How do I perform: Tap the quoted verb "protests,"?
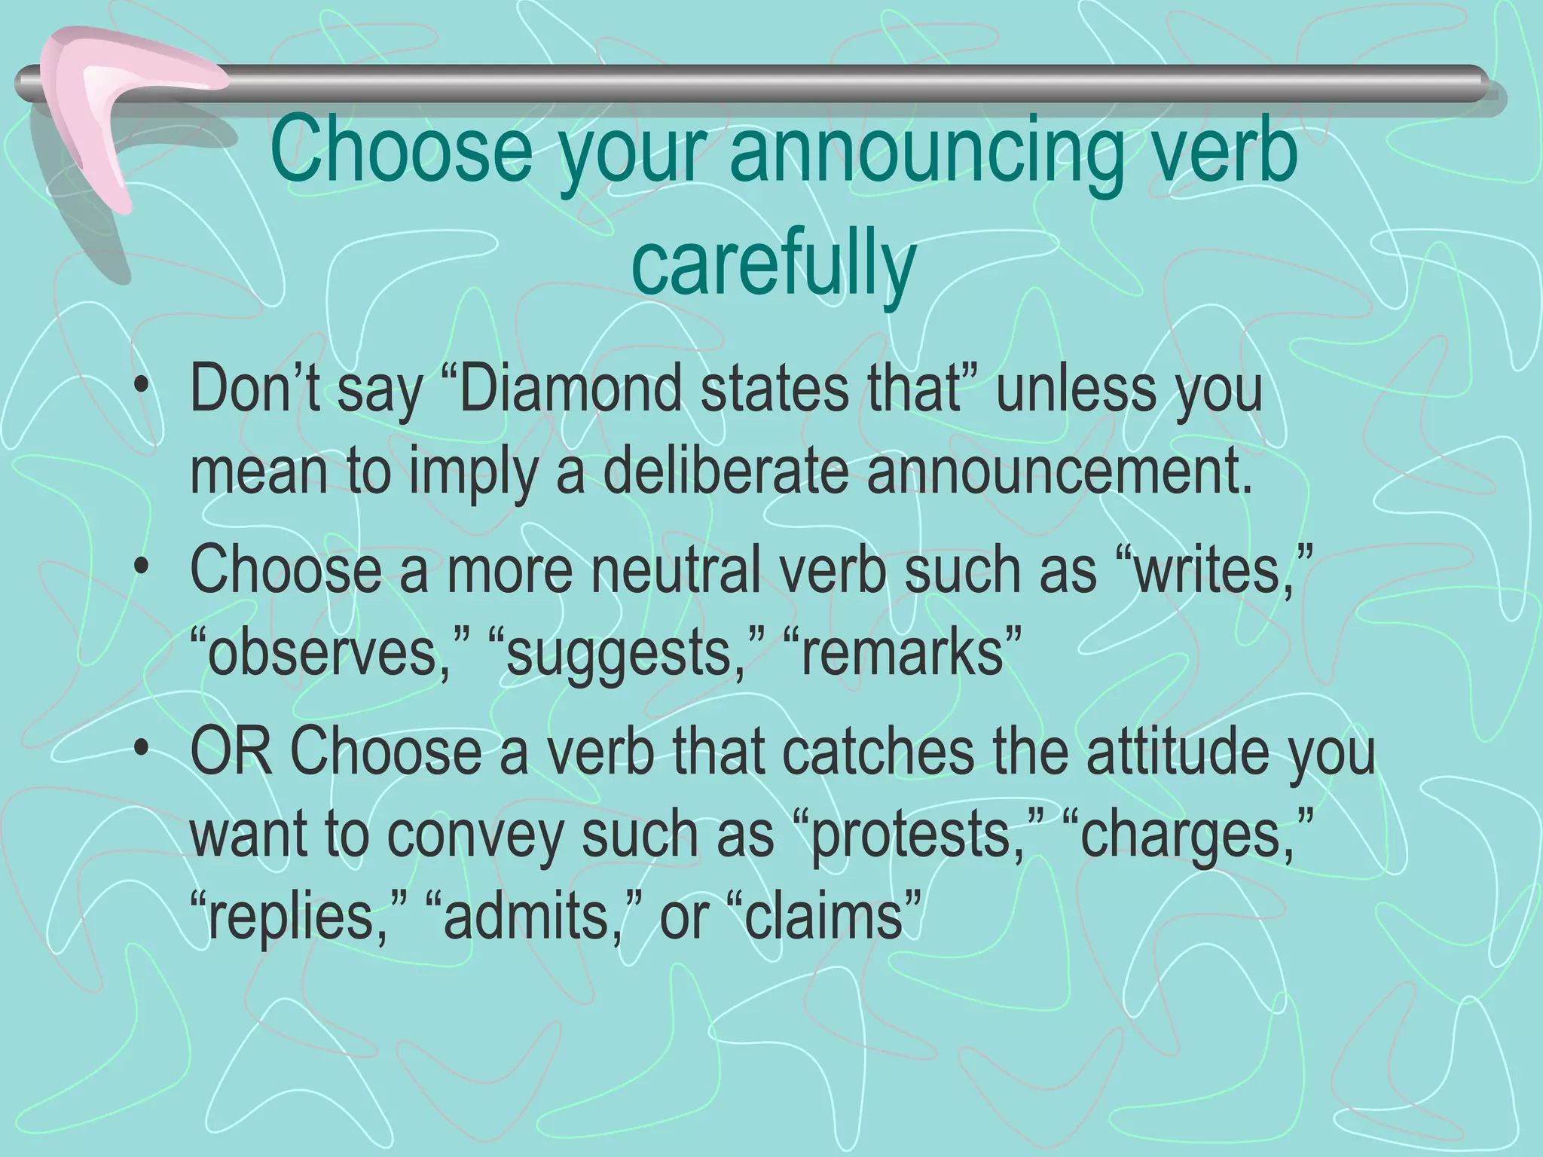click(919, 834)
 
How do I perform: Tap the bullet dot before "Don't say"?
click(141, 392)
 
